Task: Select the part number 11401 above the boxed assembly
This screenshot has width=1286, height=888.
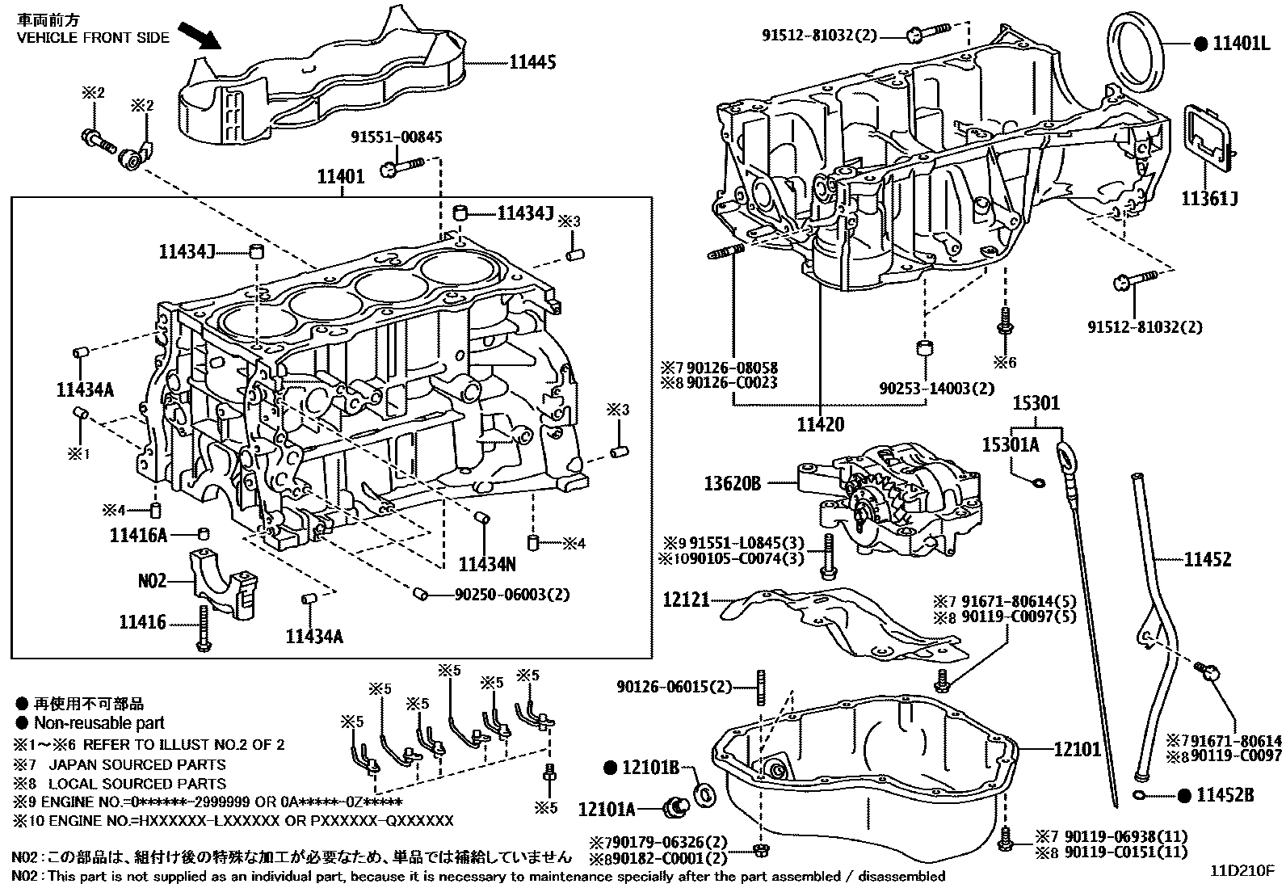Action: pos(341,176)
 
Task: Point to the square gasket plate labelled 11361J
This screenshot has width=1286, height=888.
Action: pos(1208,142)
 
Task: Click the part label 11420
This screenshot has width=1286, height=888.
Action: pos(820,424)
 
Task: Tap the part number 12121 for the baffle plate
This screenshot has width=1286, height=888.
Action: pos(687,600)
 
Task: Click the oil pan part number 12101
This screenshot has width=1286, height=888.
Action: pos(1077,749)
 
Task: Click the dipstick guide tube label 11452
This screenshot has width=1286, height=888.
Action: pos(1208,558)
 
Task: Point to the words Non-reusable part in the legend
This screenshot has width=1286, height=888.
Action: pos(99,723)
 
